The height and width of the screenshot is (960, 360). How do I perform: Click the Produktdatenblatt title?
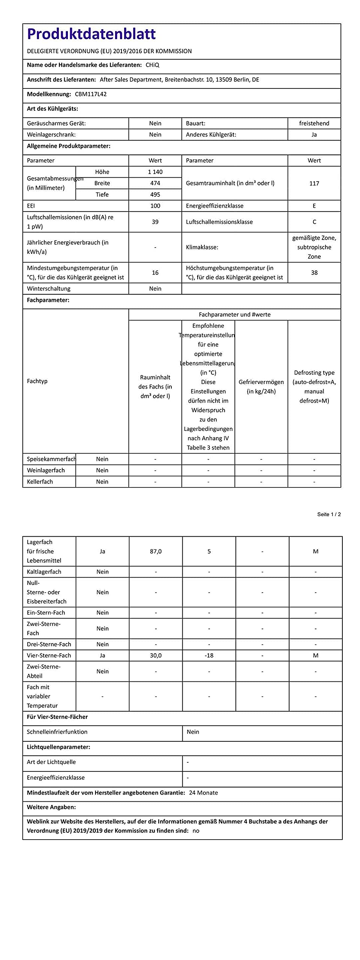91,34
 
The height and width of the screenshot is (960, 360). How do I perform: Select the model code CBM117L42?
91,94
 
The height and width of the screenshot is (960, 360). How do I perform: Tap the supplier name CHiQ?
152,65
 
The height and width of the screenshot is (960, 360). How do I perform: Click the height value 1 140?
155,172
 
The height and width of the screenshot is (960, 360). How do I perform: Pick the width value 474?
155,183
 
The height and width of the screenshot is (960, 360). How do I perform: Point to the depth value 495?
155,194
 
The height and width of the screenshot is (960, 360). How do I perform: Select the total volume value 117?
314,183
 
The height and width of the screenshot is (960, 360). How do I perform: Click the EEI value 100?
155,205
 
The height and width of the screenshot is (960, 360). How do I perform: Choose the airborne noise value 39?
155,222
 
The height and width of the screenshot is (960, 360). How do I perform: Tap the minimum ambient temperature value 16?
155,273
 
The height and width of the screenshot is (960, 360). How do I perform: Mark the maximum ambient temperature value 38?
314,273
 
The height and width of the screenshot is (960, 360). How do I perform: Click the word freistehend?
314,123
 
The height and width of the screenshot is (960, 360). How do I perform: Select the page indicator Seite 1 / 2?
329,514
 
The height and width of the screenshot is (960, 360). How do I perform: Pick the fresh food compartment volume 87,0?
156,551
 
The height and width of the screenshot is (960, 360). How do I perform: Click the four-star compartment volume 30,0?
156,655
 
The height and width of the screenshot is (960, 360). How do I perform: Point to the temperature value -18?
209,655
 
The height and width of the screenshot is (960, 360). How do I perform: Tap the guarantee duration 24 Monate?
203,792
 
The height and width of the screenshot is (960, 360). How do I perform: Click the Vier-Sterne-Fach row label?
49,655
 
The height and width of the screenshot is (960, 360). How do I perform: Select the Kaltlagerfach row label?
44,571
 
